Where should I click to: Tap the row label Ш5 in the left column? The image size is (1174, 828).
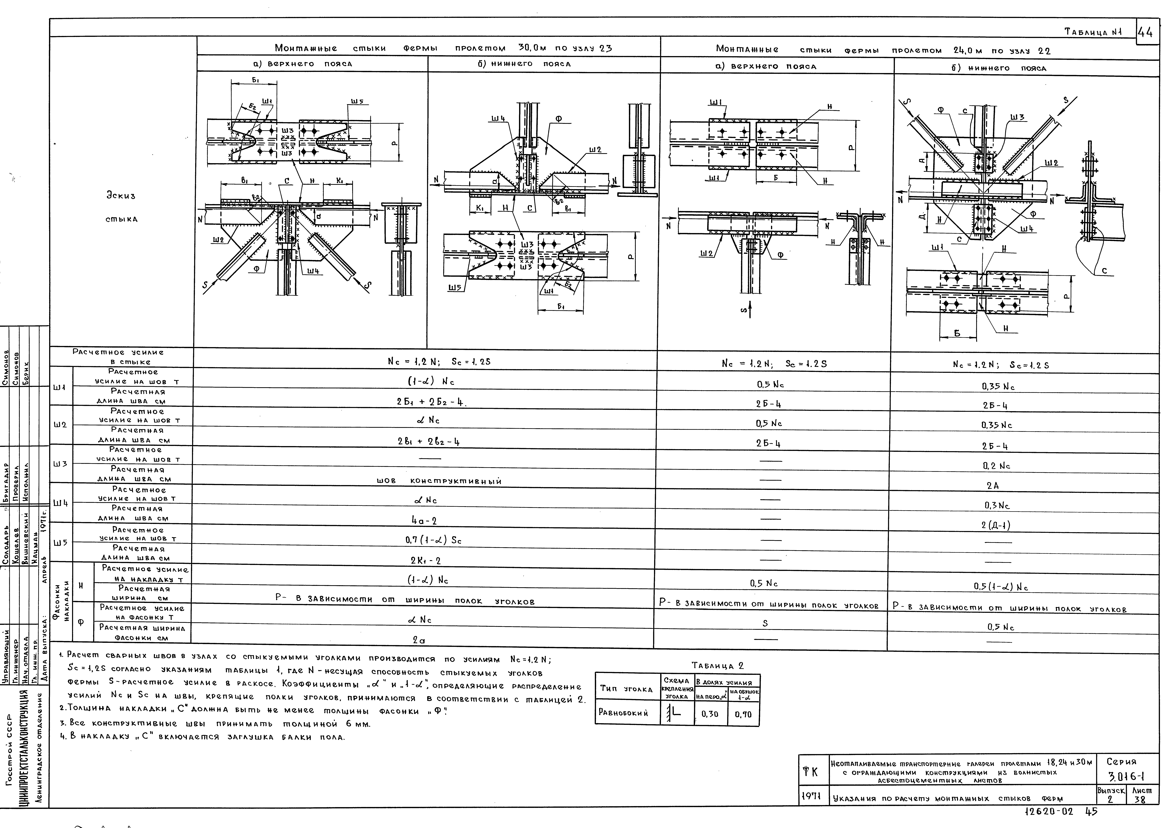(60, 543)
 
